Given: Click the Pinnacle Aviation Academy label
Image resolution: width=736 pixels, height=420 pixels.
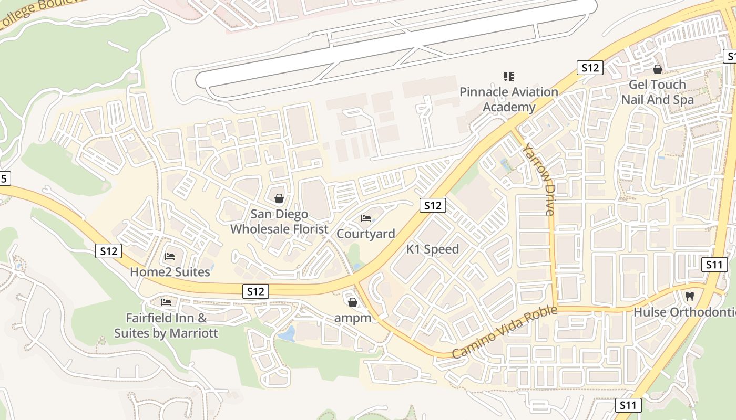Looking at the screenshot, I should tap(509, 99).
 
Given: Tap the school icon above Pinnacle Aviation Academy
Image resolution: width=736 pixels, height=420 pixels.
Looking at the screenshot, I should tap(508, 77).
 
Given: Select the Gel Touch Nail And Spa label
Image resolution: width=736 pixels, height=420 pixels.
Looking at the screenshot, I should tap(657, 92).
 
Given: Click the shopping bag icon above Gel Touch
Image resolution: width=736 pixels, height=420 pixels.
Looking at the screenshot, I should tap(657, 69).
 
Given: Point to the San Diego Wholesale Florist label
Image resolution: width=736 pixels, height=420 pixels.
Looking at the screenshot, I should tap(279, 222).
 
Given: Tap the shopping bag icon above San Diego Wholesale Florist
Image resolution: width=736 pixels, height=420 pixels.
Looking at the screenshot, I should tap(279, 198).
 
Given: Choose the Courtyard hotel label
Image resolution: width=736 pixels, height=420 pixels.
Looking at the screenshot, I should tap(366, 234).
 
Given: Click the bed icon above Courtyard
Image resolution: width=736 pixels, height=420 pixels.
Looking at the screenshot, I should tap(366, 218).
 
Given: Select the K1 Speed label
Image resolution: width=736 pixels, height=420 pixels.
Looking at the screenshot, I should tap(433, 249).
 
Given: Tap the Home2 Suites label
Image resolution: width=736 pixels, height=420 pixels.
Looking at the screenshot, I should tap(170, 272).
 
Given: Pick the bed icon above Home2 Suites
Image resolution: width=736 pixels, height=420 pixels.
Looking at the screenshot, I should tap(170, 257).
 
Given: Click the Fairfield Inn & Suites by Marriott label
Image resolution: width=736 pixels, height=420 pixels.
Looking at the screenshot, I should tap(166, 325).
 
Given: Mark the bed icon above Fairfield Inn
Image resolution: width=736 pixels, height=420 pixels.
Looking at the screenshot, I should tap(166, 302).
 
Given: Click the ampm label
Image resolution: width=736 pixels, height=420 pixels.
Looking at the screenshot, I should tap(353, 318).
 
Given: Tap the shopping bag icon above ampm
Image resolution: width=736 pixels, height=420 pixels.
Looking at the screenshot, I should tap(353, 302).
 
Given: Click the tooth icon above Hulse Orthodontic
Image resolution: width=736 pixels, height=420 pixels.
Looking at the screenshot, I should tap(690, 296).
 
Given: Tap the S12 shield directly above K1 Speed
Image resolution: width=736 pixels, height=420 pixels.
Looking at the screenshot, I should tap(433, 205).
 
